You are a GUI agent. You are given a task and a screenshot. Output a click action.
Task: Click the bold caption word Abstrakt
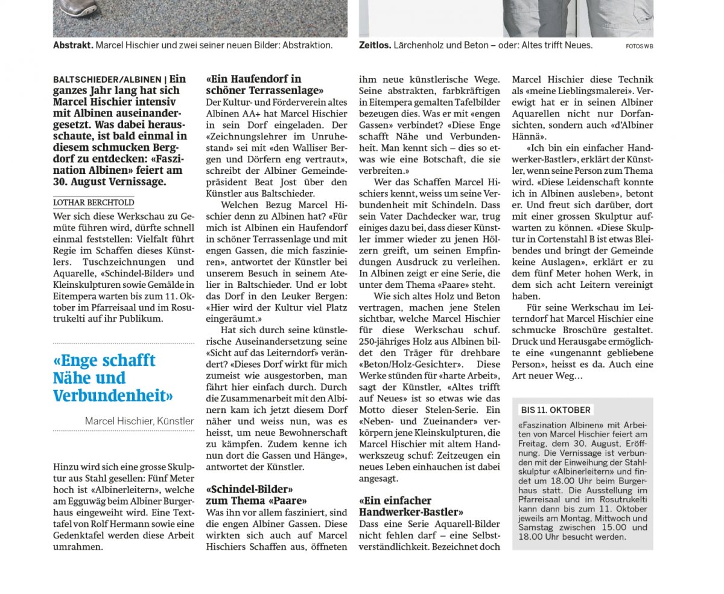[x=72, y=45]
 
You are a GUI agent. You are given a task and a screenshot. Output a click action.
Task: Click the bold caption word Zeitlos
[x=375, y=45]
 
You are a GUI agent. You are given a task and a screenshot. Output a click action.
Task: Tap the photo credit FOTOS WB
[x=639, y=46]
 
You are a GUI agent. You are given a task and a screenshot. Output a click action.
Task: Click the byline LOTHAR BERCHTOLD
[x=94, y=203]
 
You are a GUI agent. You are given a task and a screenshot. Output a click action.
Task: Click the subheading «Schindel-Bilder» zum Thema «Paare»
[x=256, y=494]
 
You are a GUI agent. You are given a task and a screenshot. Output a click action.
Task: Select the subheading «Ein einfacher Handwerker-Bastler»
[x=411, y=506]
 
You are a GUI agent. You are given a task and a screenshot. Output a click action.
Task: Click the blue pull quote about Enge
[x=113, y=378]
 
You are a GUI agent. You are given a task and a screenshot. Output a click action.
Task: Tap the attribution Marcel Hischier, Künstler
[x=139, y=421]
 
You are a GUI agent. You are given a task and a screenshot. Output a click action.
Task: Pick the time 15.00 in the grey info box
[x=605, y=528]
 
